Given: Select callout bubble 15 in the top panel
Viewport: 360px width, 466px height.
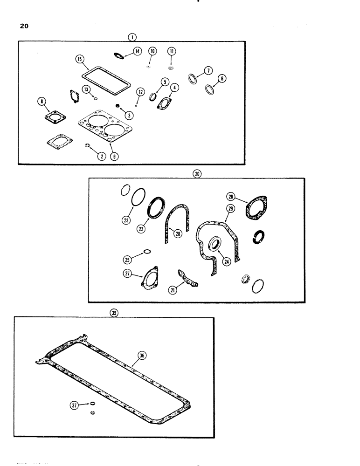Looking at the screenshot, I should click(x=80, y=59).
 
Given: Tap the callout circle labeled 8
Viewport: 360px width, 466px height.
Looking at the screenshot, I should click(x=41, y=100).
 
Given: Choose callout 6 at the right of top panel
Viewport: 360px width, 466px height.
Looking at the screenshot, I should click(x=222, y=79).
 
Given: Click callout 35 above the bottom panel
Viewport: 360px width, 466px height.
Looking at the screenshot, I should click(x=113, y=313).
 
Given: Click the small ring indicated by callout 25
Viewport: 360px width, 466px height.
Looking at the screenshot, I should click(x=147, y=252).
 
